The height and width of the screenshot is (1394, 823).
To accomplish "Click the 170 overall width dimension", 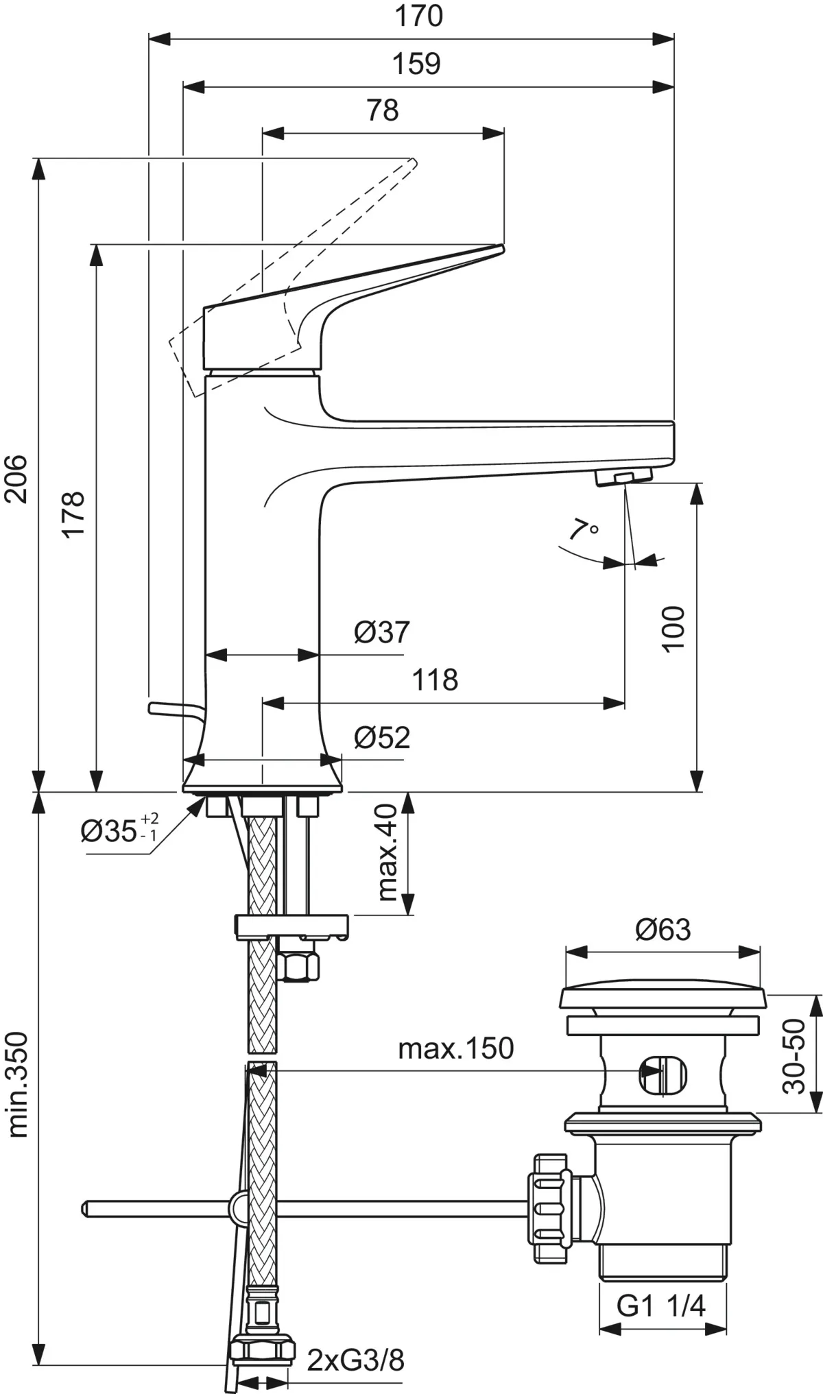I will [x=418, y=16].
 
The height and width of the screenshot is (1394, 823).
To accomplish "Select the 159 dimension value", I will [x=416, y=64].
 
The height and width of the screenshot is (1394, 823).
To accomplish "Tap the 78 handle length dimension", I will [x=383, y=110].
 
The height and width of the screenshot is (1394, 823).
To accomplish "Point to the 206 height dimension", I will [x=16, y=478].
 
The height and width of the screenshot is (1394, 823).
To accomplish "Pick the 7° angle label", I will [x=583, y=530].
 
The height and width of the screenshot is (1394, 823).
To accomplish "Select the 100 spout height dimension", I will [x=673, y=628].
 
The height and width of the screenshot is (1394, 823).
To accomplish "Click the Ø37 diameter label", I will [x=382, y=632].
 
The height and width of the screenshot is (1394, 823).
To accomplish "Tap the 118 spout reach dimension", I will [x=435, y=680].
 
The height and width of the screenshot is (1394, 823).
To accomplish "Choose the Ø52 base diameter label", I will [x=382, y=737].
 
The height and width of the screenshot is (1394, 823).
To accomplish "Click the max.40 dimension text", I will [x=388, y=852].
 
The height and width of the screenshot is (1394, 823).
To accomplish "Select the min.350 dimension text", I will [x=17, y=1083].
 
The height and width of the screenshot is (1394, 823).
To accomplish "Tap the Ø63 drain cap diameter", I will [x=663, y=929].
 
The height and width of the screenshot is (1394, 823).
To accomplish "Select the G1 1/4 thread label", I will [x=660, y=1306].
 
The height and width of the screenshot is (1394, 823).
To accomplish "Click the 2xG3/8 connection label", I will [x=355, y=1360].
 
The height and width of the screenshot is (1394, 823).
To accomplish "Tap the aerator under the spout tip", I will [x=623, y=477].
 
